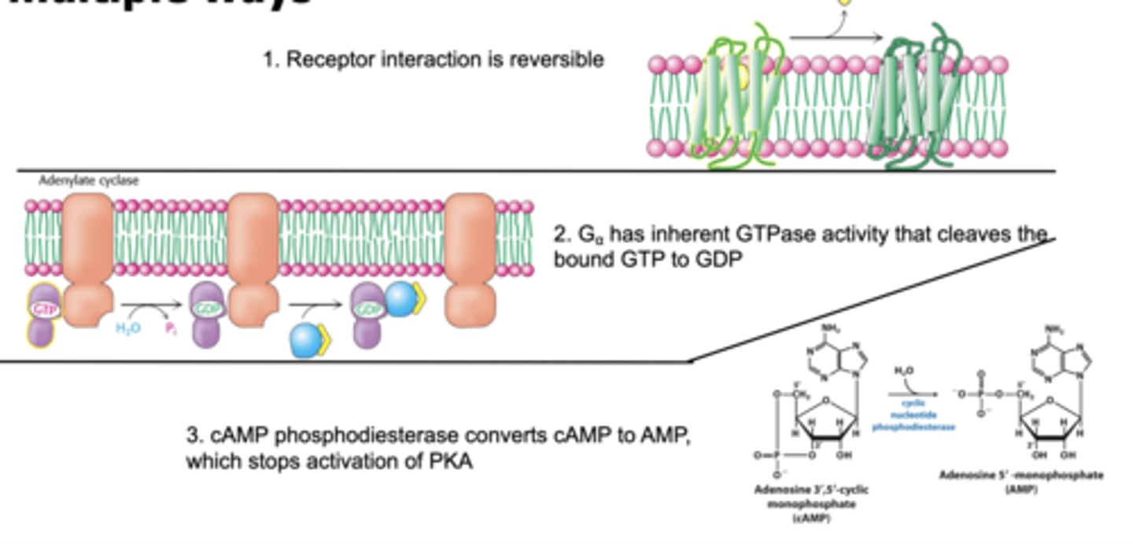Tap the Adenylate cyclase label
pyautogui.click(x=89, y=181)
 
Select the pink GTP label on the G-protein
pyautogui.click(x=44, y=309)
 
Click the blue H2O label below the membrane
pyautogui.click(x=128, y=328)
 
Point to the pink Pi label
pyautogui.click(x=170, y=328)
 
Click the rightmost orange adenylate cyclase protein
pyautogui.click(x=471, y=260)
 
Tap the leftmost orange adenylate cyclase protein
pyautogui.click(x=87, y=260)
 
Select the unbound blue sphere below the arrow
pyautogui.click(x=307, y=341)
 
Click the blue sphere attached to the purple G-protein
pyautogui.click(x=400, y=299)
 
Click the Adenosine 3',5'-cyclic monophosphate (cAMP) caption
pyautogui.click(x=810, y=503)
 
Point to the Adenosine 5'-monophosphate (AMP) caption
pyautogui.click(x=1020, y=482)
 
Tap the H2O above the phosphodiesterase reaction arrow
pyautogui.click(x=904, y=370)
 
